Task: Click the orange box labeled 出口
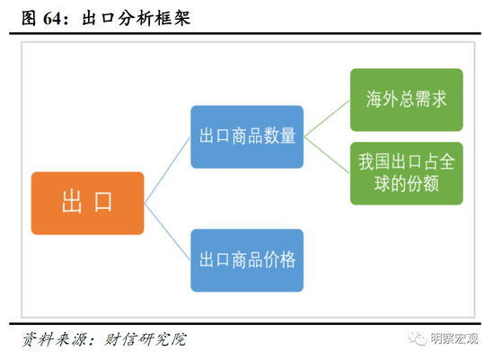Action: (88, 203)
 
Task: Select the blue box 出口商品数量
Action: (247, 136)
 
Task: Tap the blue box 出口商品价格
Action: (247, 260)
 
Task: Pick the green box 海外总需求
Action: (406, 100)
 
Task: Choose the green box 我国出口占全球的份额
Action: (406, 173)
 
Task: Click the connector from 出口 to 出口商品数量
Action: (167, 170)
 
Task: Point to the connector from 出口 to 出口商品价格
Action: (167, 232)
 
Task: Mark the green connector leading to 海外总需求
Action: (327, 119)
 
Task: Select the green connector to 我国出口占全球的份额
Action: (327, 155)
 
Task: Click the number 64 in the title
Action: (52, 18)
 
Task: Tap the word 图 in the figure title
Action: (29, 18)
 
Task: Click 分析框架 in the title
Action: (154, 18)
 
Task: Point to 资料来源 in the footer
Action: (54, 339)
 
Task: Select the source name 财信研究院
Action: (146, 339)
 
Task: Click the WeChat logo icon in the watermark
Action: (418, 338)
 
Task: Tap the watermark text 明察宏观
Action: (454, 338)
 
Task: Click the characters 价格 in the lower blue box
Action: (279, 260)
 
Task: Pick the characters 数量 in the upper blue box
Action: (279, 136)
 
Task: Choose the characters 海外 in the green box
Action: (382, 100)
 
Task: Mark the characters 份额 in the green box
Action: (422, 184)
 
